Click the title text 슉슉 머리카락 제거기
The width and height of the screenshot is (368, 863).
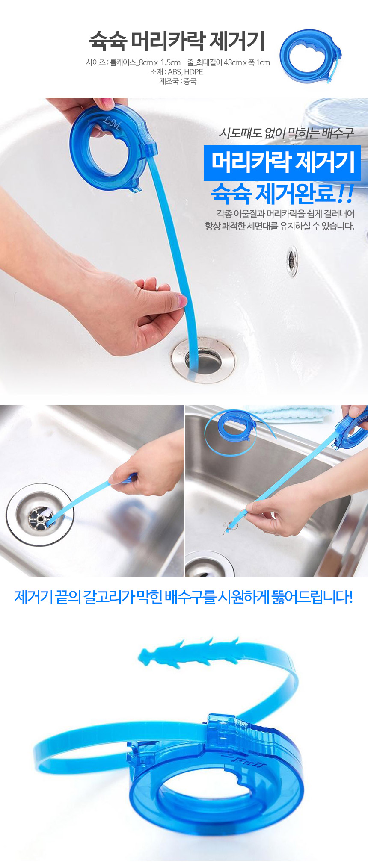[x=177, y=41]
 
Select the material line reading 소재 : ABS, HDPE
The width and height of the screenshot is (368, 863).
[x=176, y=72]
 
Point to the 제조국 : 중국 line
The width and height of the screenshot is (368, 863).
[x=178, y=81]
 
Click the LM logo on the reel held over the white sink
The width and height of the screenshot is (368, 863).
[x=112, y=123]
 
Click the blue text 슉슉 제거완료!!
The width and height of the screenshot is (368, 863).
[x=282, y=194]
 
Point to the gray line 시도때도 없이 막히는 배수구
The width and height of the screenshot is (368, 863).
[x=286, y=133]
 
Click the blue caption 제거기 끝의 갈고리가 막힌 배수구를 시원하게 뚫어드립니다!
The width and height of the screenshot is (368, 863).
[x=184, y=597]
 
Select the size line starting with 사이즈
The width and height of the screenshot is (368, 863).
[x=178, y=62]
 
